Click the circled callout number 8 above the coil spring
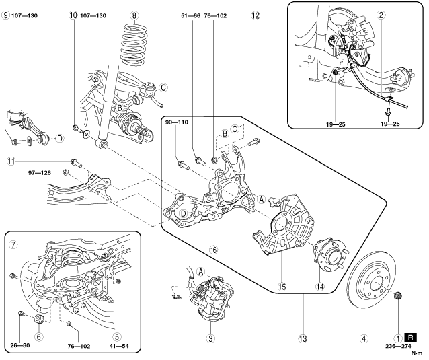point(134,15)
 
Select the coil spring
point(134,44)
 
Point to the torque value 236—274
point(398,346)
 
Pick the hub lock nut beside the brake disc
point(397,295)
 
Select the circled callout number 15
point(282,287)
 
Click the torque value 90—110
point(177,122)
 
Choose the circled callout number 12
point(256,15)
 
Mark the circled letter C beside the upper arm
point(163,87)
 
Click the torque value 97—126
point(39,173)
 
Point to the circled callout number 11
point(11,161)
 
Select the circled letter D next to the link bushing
point(59,139)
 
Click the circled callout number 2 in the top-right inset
point(381,15)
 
